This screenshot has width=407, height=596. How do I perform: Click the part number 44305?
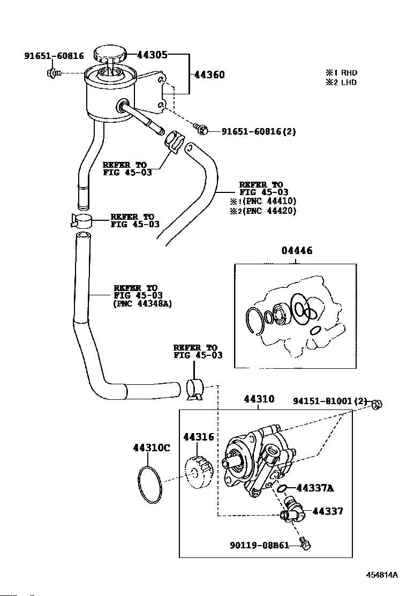tap(152, 55)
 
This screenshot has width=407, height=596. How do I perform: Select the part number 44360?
tap(209, 74)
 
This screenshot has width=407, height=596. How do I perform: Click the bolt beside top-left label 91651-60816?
tap(53, 72)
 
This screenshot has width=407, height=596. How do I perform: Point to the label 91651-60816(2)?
tap(259, 131)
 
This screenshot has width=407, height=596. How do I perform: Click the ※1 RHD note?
tap(341, 72)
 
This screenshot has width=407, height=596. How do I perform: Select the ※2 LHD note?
tap(341, 82)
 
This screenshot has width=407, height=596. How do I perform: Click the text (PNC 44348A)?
tap(143, 304)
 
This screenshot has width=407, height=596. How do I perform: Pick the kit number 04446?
tap(297, 250)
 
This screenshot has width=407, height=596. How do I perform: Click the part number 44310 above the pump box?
tap(259, 399)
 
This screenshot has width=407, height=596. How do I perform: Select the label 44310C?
tap(152, 448)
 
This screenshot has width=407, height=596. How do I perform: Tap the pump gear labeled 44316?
tap(199, 474)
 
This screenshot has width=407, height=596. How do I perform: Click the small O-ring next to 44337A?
tap(283, 488)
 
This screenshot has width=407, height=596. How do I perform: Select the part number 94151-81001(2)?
tap(330, 401)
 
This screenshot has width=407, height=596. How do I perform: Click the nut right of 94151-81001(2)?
tap(376, 404)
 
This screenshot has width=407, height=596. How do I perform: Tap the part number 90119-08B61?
tap(259, 545)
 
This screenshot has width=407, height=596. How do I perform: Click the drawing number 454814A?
tap(382, 575)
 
